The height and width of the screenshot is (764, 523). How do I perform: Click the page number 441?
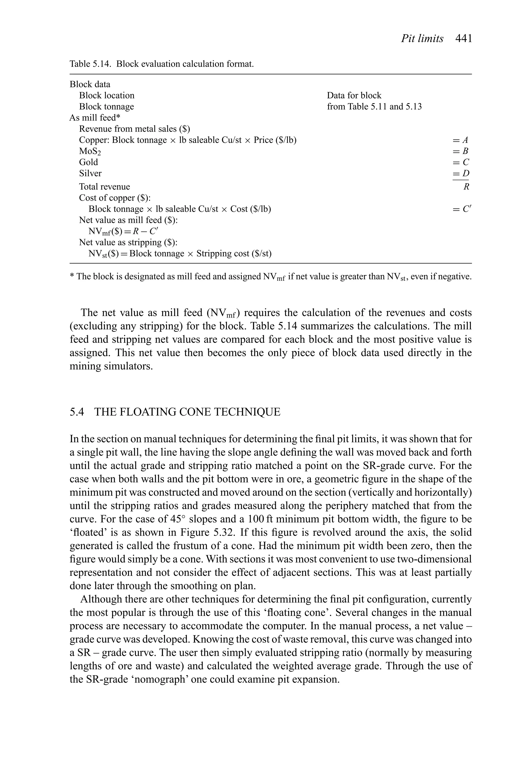pyautogui.click(x=463, y=39)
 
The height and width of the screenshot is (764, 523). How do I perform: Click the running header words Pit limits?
pyautogui.click(x=422, y=39)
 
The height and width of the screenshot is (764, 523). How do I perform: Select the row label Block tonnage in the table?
pyautogui.click(x=106, y=106)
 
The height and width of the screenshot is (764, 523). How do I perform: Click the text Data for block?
pyautogui.click(x=354, y=95)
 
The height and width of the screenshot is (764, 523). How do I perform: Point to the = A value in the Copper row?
pyautogui.click(x=460, y=140)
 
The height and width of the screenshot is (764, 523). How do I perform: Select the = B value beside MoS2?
pyautogui.click(x=460, y=151)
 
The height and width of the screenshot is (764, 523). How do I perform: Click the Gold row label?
pyautogui.click(x=88, y=162)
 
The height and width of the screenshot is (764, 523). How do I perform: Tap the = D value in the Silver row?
pyautogui.click(x=460, y=173)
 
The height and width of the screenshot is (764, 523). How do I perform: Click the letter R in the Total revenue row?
pyautogui.click(x=466, y=187)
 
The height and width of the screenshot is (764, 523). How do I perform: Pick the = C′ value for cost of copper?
pyautogui.click(x=461, y=209)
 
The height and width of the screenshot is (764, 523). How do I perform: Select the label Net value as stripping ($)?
pyautogui.click(x=128, y=242)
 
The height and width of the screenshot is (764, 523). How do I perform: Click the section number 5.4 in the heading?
pyautogui.click(x=77, y=412)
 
